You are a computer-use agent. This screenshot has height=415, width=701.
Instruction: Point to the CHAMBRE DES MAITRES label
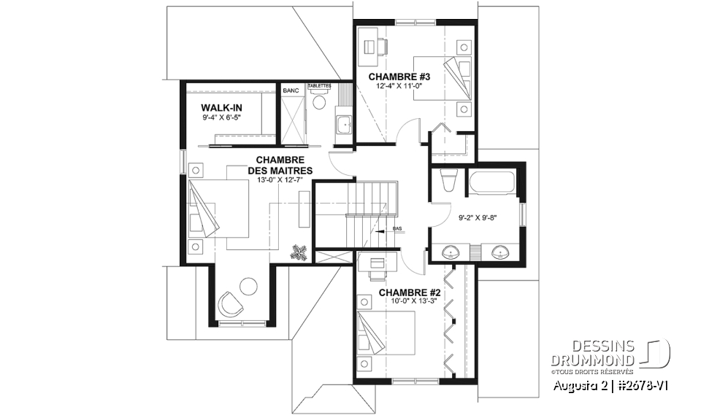tap(284, 165)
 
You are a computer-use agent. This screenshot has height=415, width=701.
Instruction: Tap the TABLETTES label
tap(319, 86)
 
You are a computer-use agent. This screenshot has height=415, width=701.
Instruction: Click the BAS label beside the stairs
tap(398, 229)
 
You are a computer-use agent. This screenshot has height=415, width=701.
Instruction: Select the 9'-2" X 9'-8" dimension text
tap(478, 217)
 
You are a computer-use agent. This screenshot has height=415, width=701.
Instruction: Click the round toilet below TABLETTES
tap(318, 103)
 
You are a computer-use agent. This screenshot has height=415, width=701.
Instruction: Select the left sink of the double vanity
tap(453, 252)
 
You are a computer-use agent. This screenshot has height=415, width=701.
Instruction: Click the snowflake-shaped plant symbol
tap(299, 252)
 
